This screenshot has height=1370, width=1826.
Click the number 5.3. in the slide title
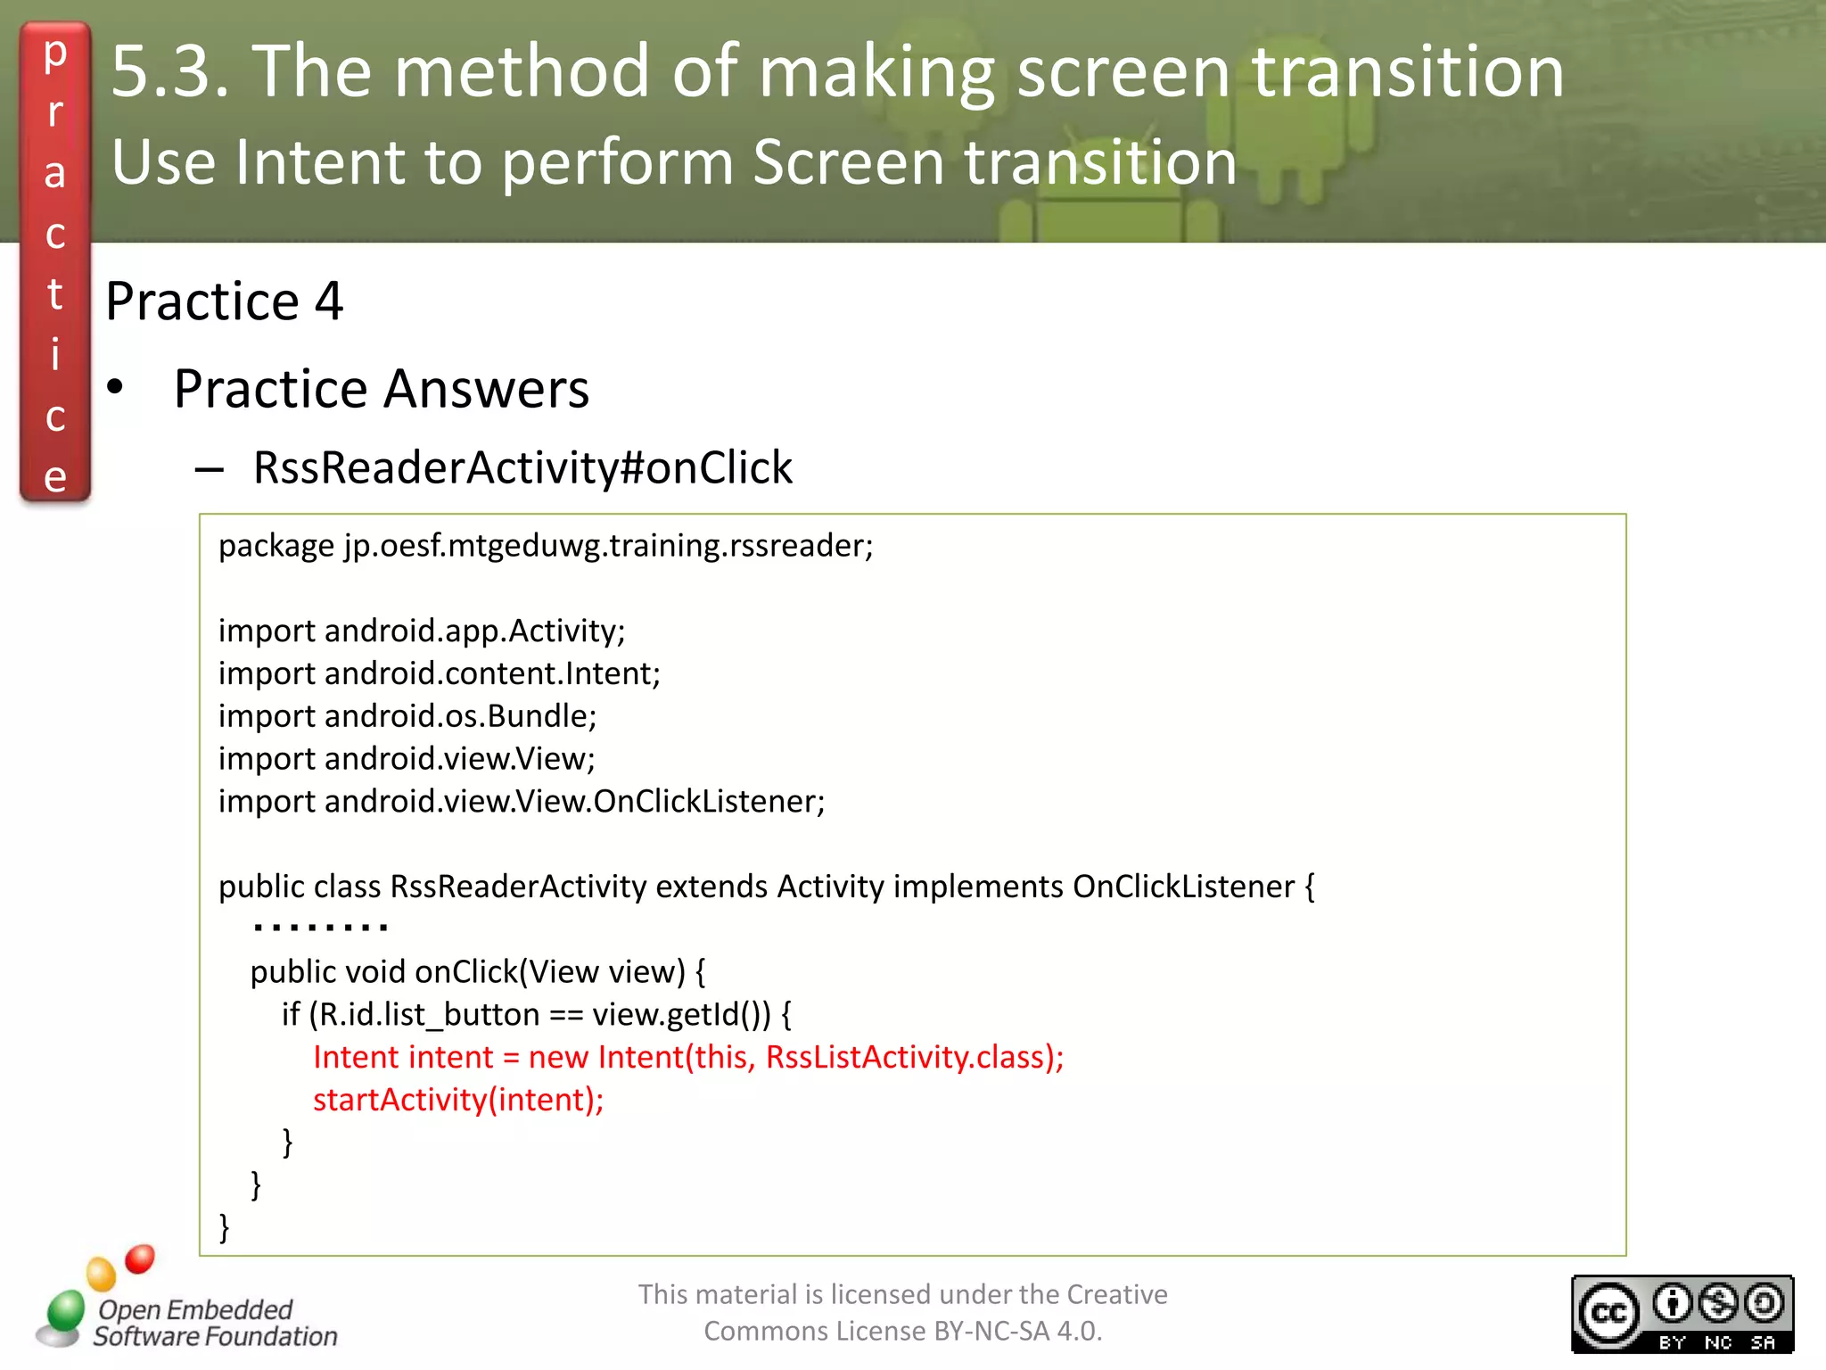pyautogui.click(x=169, y=71)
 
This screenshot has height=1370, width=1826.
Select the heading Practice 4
pyautogui.click(x=224, y=301)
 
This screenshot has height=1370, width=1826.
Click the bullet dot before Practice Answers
pyautogui.click(x=115, y=388)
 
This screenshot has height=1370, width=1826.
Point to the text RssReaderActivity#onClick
pyautogui.click(x=522, y=467)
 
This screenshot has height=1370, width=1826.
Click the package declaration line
pyautogui.click(x=546, y=545)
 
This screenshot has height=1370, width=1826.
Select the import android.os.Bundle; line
pyautogui.click(x=407, y=716)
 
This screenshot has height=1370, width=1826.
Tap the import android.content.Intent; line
pyautogui.click(x=440, y=673)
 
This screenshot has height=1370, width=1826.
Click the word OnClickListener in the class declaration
pyautogui.click(x=1183, y=887)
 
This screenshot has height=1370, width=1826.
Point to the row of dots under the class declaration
pyautogui.click(x=320, y=928)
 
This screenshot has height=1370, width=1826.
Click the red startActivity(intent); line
pyautogui.click(x=458, y=1100)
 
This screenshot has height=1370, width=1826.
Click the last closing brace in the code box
pyautogui.click(x=225, y=1227)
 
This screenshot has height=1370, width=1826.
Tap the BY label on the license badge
pyautogui.click(x=1673, y=1341)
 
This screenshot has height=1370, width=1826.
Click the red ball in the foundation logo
pyautogui.click(x=140, y=1259)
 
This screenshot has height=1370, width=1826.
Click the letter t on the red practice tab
pyautogui.click(x=55, y=294)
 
